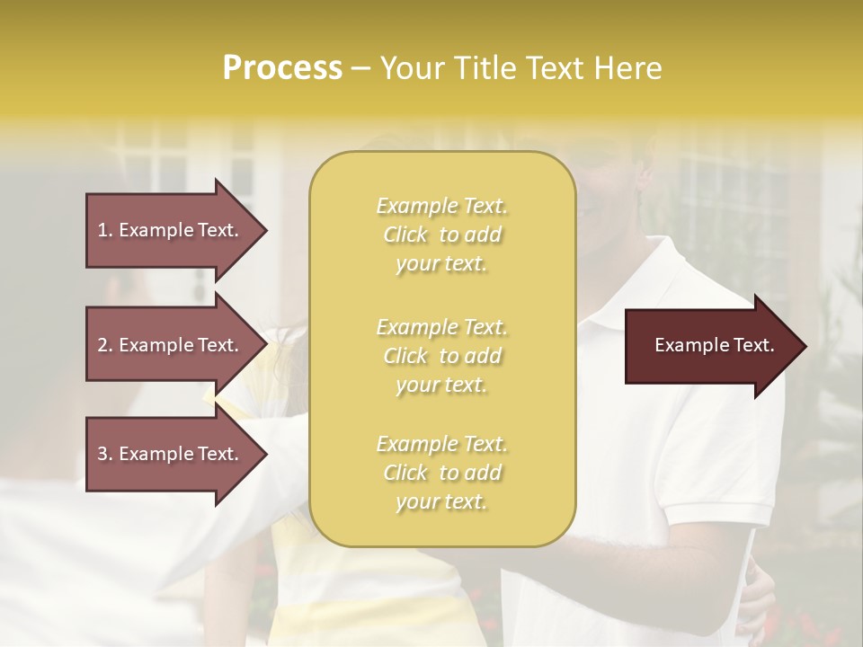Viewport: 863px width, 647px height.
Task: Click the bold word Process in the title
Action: tap(282, 68)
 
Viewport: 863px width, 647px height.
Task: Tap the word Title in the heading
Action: tap(486, 68)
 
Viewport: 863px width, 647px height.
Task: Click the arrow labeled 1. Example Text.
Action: tap(171, 230)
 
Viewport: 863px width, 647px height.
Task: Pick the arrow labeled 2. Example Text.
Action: tap(171, 345)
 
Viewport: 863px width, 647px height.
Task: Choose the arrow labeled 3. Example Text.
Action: tap(171, 454)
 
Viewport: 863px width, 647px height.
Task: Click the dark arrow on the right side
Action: tap(710, 345)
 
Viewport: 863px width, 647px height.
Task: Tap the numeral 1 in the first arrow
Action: tap(102, 230)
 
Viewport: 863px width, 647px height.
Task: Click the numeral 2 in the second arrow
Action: tap(102, 345)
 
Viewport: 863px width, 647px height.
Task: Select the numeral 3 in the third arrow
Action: tap(102, 454)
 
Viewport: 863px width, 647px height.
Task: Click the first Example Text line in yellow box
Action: tap(441, 206)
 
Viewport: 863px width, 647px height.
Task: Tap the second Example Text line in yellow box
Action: tap(441, 327)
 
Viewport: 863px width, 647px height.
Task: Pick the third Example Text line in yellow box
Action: tap(441, 444)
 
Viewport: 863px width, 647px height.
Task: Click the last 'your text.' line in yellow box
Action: tap(441, 502)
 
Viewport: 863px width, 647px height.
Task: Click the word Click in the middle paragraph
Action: tap(405, 356)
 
